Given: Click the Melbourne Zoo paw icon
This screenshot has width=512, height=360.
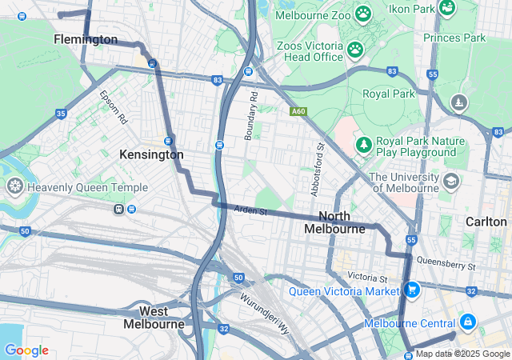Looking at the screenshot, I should (x=363, y=14).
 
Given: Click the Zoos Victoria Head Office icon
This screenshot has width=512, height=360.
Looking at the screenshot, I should (x=355, y=50).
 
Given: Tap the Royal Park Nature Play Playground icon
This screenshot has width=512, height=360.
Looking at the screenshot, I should (x=364, y=144).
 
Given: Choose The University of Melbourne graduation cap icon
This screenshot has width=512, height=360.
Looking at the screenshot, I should (x=450, y=182).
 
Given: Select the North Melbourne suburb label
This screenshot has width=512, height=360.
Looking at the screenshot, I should (x=334, y=222).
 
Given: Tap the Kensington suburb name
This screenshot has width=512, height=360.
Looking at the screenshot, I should (x=151, y=154).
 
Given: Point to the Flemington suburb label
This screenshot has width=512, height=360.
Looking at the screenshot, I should (x=86, y=39).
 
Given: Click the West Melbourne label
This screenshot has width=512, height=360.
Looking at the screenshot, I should (x=154, y=318).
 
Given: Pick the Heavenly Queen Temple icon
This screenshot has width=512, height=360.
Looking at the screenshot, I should (x=14, y=187).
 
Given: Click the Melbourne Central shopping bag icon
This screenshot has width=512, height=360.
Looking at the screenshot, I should (x=467, y=322).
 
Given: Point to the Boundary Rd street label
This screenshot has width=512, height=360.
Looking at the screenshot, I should (x=251, y=116).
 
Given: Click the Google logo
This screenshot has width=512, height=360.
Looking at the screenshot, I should (x=26, y=350).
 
